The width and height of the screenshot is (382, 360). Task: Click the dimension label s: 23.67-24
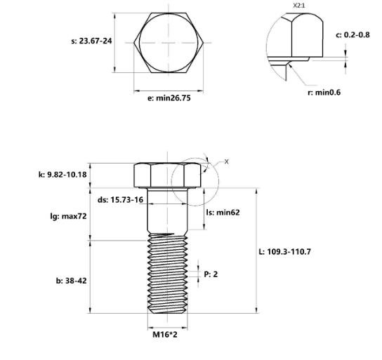pyautogui.click(x=91, y=41)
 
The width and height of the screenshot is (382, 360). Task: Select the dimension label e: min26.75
pyautogui.click(x=169, y=98)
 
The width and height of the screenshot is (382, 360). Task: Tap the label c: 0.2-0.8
pyautogui.click(x=353, y=35)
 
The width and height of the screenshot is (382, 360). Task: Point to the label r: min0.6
pyautogui.click(x=324, y=93)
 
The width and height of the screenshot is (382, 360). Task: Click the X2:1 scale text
pyautogui.click(x=298, y=6)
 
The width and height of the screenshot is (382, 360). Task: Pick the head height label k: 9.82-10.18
pyautogui.click(x=62, y=175)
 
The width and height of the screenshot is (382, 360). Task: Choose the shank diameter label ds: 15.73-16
pyautogui.click(x=120, y=200)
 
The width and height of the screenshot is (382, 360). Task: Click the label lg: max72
pyautogui.click(x=68, y=216)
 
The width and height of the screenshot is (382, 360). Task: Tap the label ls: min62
pyautogui.click(x=223, y=213)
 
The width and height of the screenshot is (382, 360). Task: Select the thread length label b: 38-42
pyautogui.click(x=71, y=281)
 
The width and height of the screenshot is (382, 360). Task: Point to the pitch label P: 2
pyautogui.click(x=211, y=274)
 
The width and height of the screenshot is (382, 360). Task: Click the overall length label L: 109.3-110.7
pyautogui.click(x=285, y=252)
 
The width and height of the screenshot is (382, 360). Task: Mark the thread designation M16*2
pyautogui.click(x=165, y=335)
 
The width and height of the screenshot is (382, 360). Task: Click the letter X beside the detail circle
pyautogui.click(x=227, y=161)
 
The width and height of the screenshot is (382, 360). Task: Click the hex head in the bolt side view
pyautogui.click(x=167, y=175)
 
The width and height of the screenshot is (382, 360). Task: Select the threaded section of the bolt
pyautogui.click(x=167, y=273)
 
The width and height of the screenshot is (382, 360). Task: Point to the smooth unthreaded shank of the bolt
pyautogui.click(x=167, y=211)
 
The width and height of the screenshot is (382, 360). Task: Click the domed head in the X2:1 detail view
pyautogui.click(x=308, y=35)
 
